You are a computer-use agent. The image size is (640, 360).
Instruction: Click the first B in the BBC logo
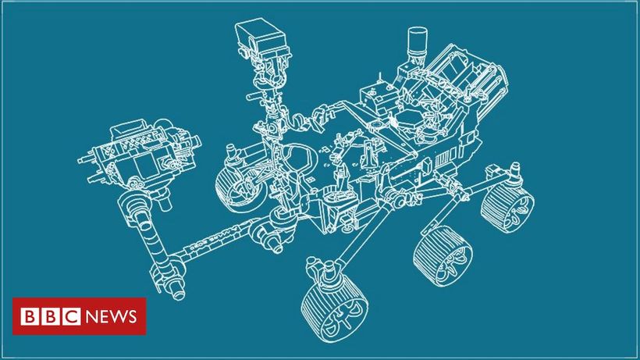coord(30,317)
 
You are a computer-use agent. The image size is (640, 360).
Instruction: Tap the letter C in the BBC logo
coord(72,317)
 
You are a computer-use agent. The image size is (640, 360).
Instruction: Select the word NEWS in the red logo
coord(112,317)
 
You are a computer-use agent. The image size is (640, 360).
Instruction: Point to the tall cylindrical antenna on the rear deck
coord(417,41)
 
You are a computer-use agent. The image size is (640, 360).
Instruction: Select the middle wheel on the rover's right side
coord(443,255)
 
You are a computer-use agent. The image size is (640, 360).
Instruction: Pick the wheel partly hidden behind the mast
coord(240,188)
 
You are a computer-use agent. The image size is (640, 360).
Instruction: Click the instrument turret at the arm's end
coord(140,155)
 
